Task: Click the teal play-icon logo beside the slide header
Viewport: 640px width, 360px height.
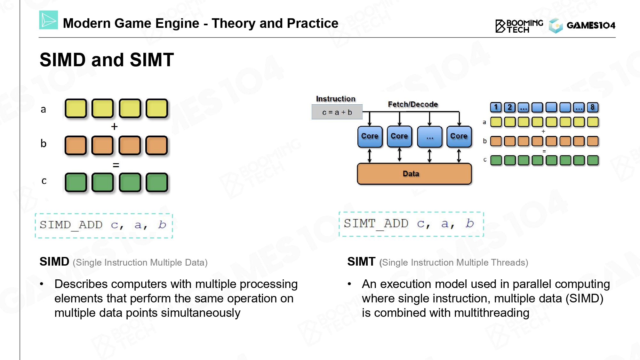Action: [48, 20]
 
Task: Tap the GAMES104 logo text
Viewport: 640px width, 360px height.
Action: [591, 25]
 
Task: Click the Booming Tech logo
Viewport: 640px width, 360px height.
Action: [519, 26]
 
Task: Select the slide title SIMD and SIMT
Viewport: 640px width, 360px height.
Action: [107, 60]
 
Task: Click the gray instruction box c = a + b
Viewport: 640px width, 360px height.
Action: [337, 112]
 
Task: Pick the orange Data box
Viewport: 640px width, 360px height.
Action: [414, 174]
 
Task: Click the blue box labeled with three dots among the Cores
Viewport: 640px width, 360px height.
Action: [430, 137]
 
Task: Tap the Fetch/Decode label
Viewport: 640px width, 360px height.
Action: [413, 104]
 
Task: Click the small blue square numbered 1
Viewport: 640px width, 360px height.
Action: [496, 107]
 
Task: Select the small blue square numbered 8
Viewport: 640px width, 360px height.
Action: [593, 107]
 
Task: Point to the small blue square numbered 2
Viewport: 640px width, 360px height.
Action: [510, 107]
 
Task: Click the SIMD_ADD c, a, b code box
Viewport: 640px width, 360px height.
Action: [104, 226]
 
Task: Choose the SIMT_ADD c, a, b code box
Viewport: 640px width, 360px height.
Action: [411, 224]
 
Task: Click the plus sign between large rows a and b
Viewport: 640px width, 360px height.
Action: [114, 127]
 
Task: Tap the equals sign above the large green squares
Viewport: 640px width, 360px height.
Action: [116, 165]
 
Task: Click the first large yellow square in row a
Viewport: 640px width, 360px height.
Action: [76, 108]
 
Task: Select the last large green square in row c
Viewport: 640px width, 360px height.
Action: [157, 182]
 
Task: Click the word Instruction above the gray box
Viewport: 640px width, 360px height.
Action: [336, 99]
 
